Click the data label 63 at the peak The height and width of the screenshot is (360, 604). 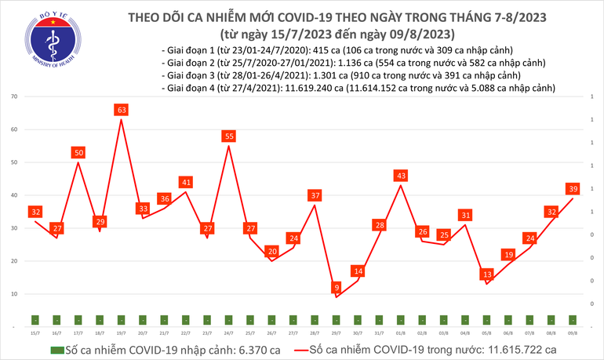pyautogui.click(x=121, y=110)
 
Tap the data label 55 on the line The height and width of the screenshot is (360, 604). pyautogui.click(x=228, y=136)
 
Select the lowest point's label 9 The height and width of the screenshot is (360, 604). pyautogui.click(x=336, y=287)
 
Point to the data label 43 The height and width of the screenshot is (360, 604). pyautogui.click(x=401, y=175)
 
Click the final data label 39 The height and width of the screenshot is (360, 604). pyautogui.click(x=573, y=188)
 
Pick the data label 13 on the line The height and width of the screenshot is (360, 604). pyautogui.click(x=487, y=274)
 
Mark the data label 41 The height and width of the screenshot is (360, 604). pyautogui.click(x=185, y=182)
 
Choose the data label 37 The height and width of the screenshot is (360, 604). pyautogui.click(x=315, y=195)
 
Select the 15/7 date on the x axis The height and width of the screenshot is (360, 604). pyautogui.click(x=35, y=333)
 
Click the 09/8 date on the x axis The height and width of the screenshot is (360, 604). pyautogui.click(x=573, y=333)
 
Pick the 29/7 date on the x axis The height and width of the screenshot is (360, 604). pyautogui.click(x=336, y=333)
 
